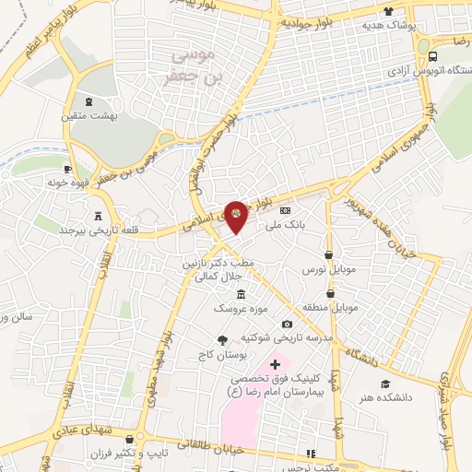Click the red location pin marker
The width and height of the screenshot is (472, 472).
point(237,216)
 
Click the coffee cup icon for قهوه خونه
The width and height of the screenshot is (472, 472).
point(67,169)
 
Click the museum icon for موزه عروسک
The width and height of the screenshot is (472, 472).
point(241,294)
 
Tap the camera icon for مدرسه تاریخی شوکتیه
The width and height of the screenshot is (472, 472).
point(288,324)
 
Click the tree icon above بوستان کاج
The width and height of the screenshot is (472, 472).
point(221,340)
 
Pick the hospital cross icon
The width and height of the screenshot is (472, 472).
point(274,365)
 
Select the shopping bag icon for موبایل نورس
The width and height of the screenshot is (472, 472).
point(329,255)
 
